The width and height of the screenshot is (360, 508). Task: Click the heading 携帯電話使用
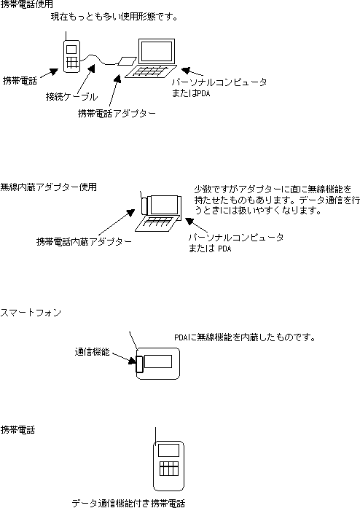point(26,4)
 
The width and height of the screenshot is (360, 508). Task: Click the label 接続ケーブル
point(71,96)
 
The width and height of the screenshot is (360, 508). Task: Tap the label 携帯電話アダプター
point(117,114)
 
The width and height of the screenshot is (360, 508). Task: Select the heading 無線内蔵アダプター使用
point(48,187)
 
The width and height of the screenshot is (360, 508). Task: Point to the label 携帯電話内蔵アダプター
point(84,242)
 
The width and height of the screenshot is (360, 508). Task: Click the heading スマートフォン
point(31,313)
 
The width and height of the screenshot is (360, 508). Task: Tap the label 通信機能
point(93,352)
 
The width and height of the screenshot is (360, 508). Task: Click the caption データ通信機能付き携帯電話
point(128,503)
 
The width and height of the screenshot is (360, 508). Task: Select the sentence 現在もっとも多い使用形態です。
point(114,17)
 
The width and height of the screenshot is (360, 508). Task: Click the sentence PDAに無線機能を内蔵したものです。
point(245,337)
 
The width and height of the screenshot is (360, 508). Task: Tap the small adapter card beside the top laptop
point(127,61)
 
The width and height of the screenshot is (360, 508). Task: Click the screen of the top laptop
point(157,51)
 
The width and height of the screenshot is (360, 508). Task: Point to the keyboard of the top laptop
point(151,71)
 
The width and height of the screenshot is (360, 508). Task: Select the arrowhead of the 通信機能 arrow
point(132,360)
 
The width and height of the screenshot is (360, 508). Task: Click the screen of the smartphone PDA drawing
point(158,362)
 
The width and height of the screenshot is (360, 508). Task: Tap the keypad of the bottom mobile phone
point(169,469)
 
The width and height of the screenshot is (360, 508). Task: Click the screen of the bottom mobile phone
point(168,450)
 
